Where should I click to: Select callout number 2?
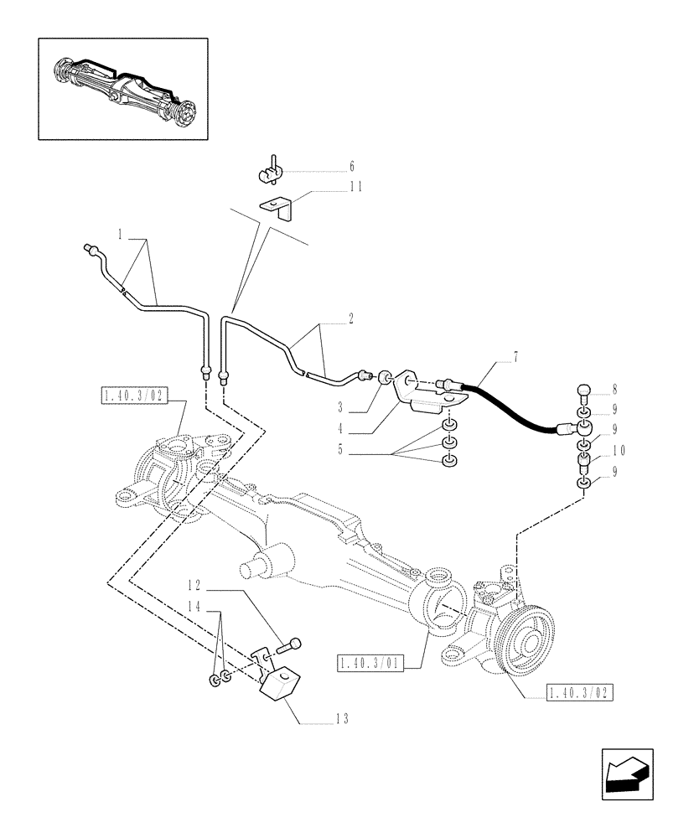350,318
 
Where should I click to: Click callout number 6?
352,166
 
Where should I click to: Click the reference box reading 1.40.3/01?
370,664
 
